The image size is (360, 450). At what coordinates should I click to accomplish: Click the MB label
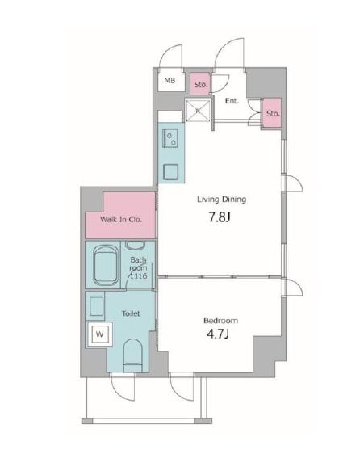tap(170, 81)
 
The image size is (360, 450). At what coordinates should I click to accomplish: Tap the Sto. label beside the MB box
tap(201, 85)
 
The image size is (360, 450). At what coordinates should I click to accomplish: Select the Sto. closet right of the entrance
tap(272, 113)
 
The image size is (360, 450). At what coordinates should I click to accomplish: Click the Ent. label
tap(232, 101)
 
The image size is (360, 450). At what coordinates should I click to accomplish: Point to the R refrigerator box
tap(198, 111)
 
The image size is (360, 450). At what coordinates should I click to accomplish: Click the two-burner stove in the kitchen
tap(170, 138)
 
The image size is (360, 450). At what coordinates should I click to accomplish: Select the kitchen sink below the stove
tap(171, 172)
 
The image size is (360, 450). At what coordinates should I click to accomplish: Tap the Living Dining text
tap(221, 200)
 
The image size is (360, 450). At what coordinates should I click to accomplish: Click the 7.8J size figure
tap(220, 218)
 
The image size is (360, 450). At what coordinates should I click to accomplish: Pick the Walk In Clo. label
tap(121, 220)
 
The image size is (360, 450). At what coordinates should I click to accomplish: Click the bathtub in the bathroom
tap(103, 265)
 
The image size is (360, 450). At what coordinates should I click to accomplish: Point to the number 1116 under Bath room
tap(139, 276)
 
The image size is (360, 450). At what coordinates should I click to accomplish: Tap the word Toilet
tap(131, 313)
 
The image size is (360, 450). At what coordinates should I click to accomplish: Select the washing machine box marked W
tap(99, 334)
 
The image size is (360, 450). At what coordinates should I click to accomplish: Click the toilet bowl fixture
tap(132, 355)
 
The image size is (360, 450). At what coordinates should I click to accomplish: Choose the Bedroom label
tap(220, 320)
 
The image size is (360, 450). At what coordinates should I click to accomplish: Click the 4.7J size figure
tap(218, 334)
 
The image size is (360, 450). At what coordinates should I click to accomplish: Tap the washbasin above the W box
tap(96, 306)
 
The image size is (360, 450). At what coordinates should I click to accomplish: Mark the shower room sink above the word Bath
tap(136, 246)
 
